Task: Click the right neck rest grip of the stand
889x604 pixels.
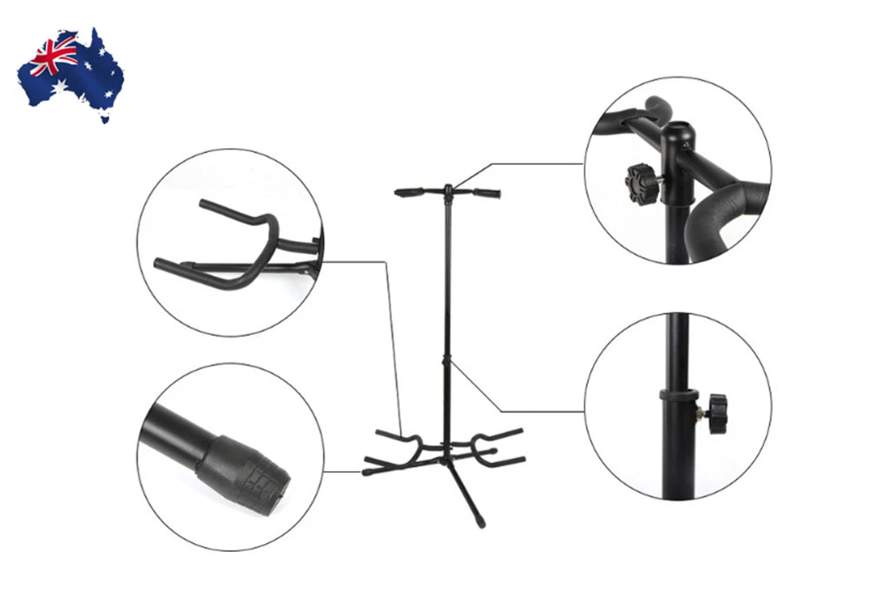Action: tap(486, 193)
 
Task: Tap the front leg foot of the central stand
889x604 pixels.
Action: tap(478, 522)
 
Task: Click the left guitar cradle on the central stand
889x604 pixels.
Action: tap(395, 443)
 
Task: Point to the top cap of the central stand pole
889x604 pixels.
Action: tap(448, 187)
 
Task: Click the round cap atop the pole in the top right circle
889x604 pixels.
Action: tap(676, 135)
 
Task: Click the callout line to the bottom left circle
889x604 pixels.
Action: tap(343, 472)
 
